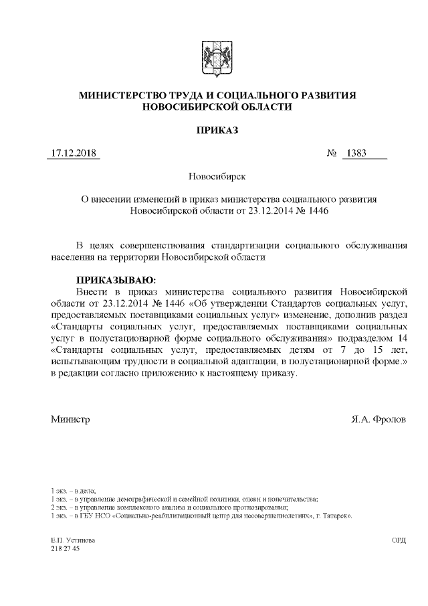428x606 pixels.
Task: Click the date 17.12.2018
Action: (x=74, y=154)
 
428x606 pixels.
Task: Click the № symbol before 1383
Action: (x=331, y=154)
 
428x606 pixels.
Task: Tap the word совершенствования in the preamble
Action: (x=163, y=245)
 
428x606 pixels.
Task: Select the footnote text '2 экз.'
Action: (x=61, y=508)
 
